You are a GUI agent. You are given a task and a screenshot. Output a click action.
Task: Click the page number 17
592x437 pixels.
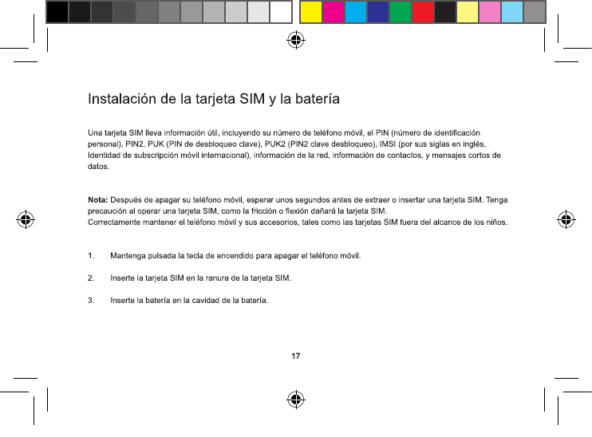(x=295, y=354)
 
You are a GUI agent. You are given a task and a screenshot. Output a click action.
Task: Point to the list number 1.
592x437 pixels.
(x=90, y=256)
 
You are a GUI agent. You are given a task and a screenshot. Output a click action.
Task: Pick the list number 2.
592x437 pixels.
(x=90, y=278)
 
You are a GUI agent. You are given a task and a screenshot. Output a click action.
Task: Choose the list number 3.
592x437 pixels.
(x=90, y=301)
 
